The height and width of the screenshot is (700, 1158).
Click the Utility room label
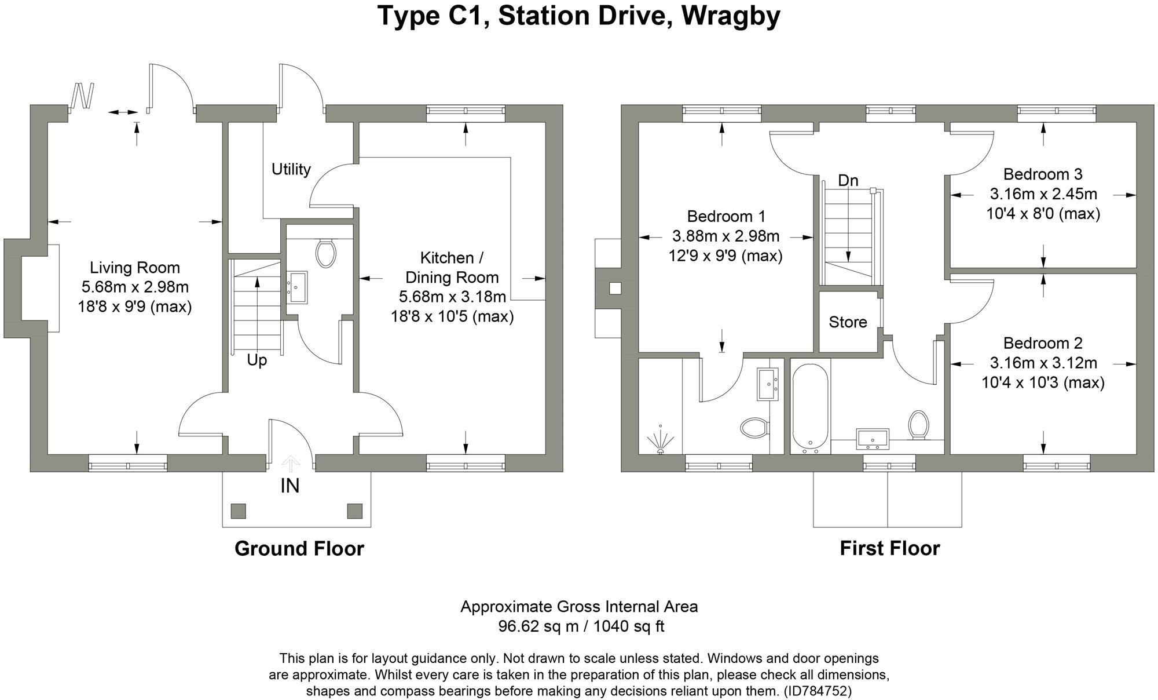(291, 169)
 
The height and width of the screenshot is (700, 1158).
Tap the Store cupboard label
(848, 322)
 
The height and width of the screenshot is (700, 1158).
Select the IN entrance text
(290, 486)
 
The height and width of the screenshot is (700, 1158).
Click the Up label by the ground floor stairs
(256, 360)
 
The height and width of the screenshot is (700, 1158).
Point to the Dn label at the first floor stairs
(848, 180)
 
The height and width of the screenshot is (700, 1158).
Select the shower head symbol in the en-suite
(661, 440)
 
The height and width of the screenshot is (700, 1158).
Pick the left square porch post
(238, 511)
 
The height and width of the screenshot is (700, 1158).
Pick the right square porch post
(354, 511)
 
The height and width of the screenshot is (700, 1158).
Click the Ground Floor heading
(299, 548)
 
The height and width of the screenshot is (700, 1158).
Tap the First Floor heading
(889, 548)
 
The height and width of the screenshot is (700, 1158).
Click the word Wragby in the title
(731, 16)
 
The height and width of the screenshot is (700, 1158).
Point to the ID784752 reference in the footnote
(817, 691)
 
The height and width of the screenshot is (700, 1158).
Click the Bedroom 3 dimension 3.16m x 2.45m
(1043, 194)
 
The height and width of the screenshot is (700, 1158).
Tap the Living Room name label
(135, 268)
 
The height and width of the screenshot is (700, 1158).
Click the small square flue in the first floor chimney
(615, 288)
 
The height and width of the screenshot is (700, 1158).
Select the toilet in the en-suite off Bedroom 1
(754, 428)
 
